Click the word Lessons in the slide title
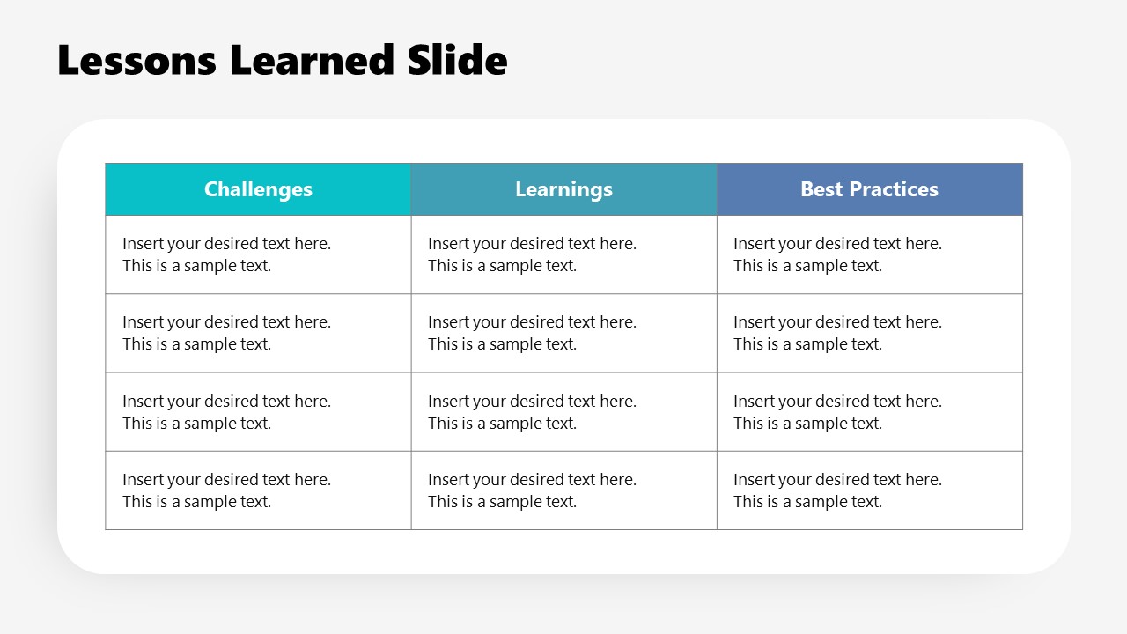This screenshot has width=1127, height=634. point(136,61)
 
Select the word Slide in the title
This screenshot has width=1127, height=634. point(457,61)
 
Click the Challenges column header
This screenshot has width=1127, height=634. point(258,189)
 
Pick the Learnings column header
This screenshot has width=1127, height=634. point(563,189)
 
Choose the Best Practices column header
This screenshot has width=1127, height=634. point(869,189)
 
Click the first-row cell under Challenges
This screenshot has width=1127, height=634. point(258,254)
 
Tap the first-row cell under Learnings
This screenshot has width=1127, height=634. point(563,254)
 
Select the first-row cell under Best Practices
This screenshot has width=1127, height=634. point(869,254)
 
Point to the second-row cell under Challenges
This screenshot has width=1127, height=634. point(258,333)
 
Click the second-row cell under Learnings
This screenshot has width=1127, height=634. point(563,333)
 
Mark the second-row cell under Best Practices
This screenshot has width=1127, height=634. point(869,333)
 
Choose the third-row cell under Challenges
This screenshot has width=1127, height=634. point(258,412)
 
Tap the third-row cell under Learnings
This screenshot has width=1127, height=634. point(563,412)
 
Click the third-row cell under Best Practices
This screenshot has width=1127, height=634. point(869,412)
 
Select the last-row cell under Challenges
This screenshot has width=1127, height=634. point(258,490)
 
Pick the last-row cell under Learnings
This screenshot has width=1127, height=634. point(563,490)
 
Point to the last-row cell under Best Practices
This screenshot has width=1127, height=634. point(869,490)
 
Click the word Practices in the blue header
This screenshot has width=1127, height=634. point(894,189)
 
